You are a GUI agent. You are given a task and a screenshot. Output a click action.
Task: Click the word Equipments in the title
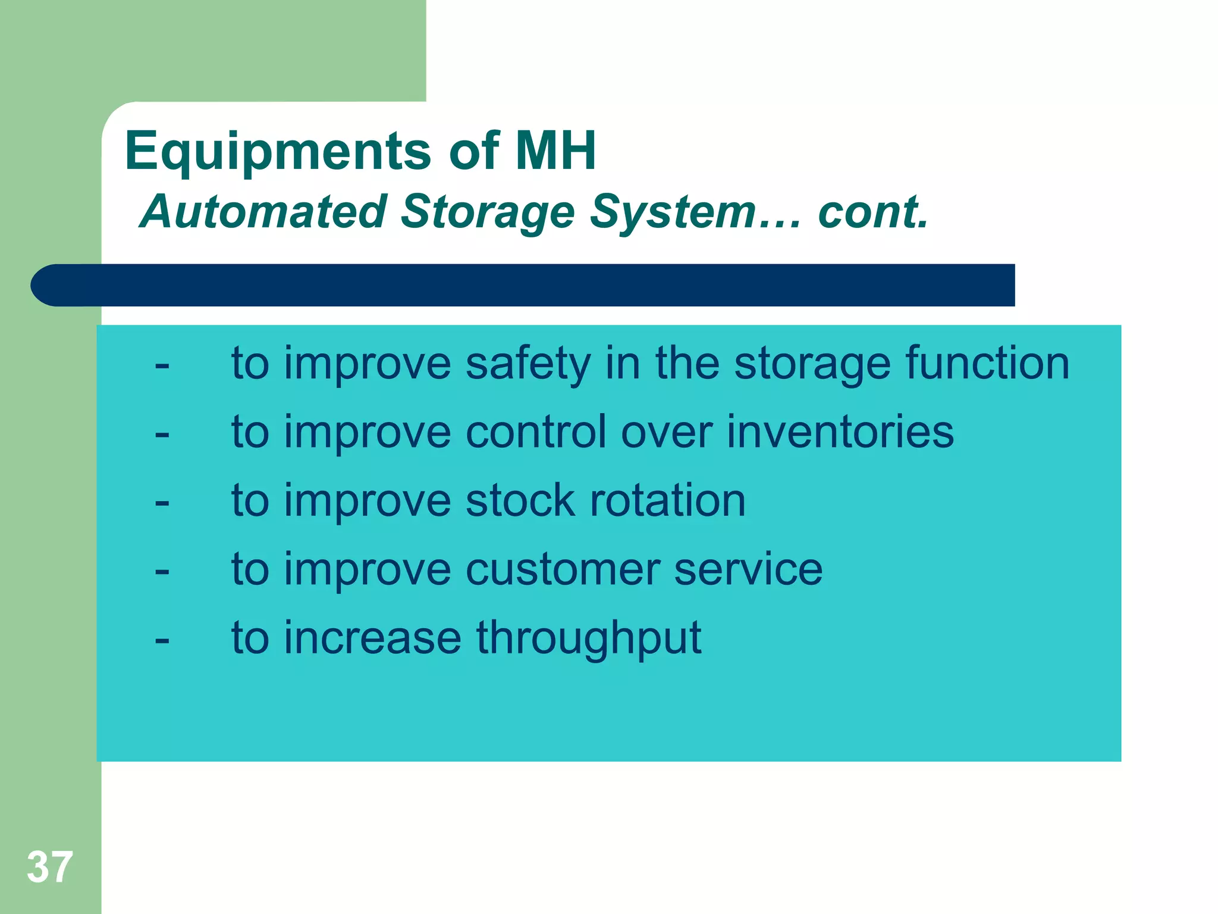[278, 152]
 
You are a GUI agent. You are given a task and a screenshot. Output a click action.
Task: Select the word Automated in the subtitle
[263, 212]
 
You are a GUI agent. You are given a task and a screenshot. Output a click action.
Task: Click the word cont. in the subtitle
[872, 212]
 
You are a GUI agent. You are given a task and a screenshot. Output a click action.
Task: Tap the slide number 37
[50, 867]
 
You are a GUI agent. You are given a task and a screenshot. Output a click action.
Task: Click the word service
[749, 569]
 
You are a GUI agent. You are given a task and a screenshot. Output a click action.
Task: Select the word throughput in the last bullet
[589, 638]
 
